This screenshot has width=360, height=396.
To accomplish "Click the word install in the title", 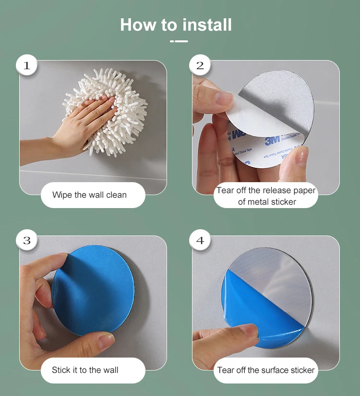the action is (207, 25).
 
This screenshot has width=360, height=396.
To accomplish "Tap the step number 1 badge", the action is (27, 65).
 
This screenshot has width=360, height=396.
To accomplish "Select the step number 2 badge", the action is (200, 65).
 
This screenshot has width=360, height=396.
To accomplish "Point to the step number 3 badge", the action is (27, 240).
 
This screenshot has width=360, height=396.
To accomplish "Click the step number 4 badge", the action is (200, 240).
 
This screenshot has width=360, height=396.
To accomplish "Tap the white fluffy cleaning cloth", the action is (106, 111).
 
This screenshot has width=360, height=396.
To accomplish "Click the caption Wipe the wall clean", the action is (89, 195).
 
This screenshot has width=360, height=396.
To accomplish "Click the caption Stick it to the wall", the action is (85, 370).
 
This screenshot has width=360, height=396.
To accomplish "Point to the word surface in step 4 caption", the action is (275, 370).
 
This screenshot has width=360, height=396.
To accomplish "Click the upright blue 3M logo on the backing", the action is (272, 140).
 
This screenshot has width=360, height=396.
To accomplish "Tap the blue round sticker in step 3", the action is (93, 290).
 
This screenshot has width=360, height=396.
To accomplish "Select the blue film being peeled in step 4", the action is (255, 313).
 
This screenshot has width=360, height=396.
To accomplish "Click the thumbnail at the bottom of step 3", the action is (106, 340).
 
